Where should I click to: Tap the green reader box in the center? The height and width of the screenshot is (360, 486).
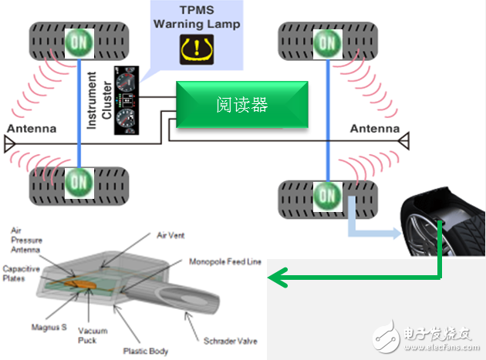(x=241, y=106)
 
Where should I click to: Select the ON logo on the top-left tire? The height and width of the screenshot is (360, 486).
(x=79, y=42)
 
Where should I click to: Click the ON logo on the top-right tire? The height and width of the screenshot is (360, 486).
(x=328, y=42)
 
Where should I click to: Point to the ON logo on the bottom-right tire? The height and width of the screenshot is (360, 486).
(x=328, y=195)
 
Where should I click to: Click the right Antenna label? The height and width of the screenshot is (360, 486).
(x=375, y=129)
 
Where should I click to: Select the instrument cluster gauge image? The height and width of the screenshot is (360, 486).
(x=126, y=101)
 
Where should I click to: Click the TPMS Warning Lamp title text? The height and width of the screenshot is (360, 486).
(x=197, y=17)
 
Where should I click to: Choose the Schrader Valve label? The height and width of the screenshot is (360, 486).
(x=231, y=340)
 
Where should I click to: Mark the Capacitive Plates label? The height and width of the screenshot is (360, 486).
(x=21, y=273)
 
